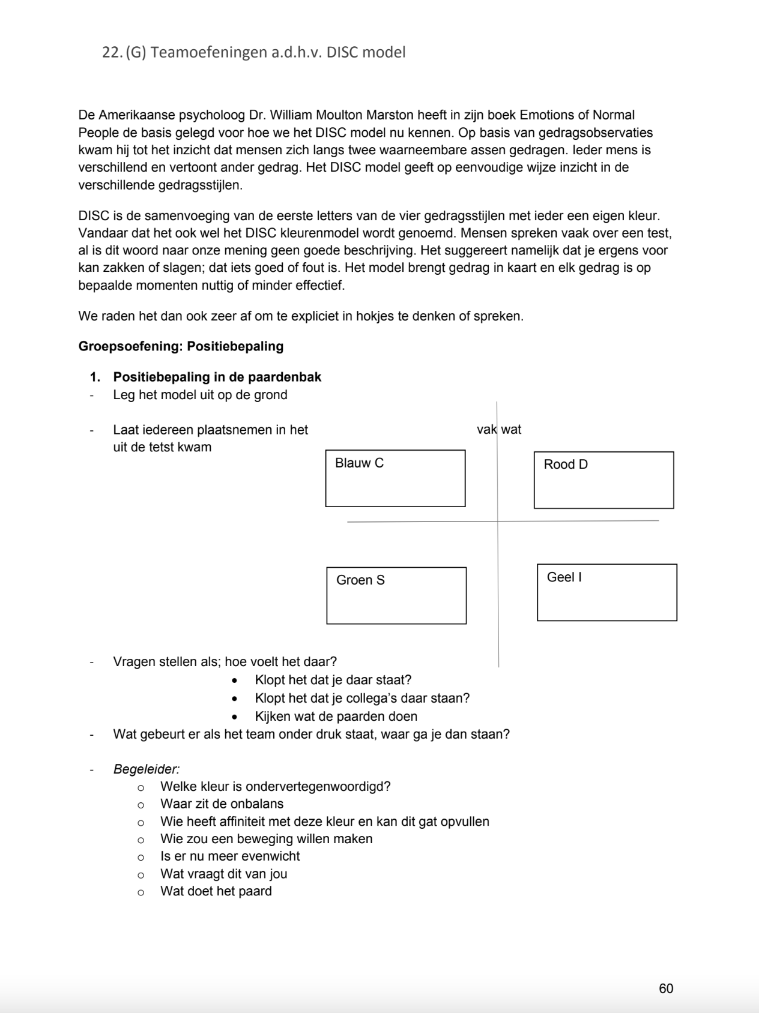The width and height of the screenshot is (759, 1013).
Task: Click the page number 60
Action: [x=666, y=988]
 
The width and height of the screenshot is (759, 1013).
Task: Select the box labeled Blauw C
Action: [x=395, y=478]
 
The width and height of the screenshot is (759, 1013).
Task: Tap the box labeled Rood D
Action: [x=603, y=480]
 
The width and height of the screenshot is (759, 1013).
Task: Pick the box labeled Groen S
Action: [x=396, y=595]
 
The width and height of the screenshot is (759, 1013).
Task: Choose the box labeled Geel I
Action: [x=606, y=592]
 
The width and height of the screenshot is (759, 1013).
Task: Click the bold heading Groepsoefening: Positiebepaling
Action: [x=181, y=346]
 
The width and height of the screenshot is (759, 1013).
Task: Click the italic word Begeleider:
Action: [x=147, y=769]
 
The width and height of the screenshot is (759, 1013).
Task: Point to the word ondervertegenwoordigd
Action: [x=318, y=786]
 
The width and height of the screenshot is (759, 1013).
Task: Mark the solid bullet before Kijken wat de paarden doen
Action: [x=235, y=717]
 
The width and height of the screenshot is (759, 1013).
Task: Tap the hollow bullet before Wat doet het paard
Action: [x=141, y=892]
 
